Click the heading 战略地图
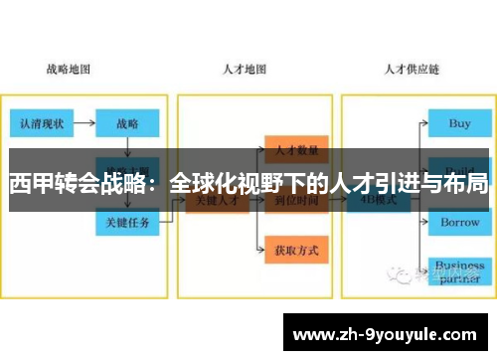[x=69, y=71]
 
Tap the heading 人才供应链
[x=413, y=71]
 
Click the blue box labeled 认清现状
[x=39, y=124]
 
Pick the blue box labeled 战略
[x=127, y=124]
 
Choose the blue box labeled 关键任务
[x=128, y=223]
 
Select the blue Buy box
[x=460, y=124]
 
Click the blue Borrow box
[x=460, y=223]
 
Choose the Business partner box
[x=459, y=271]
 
